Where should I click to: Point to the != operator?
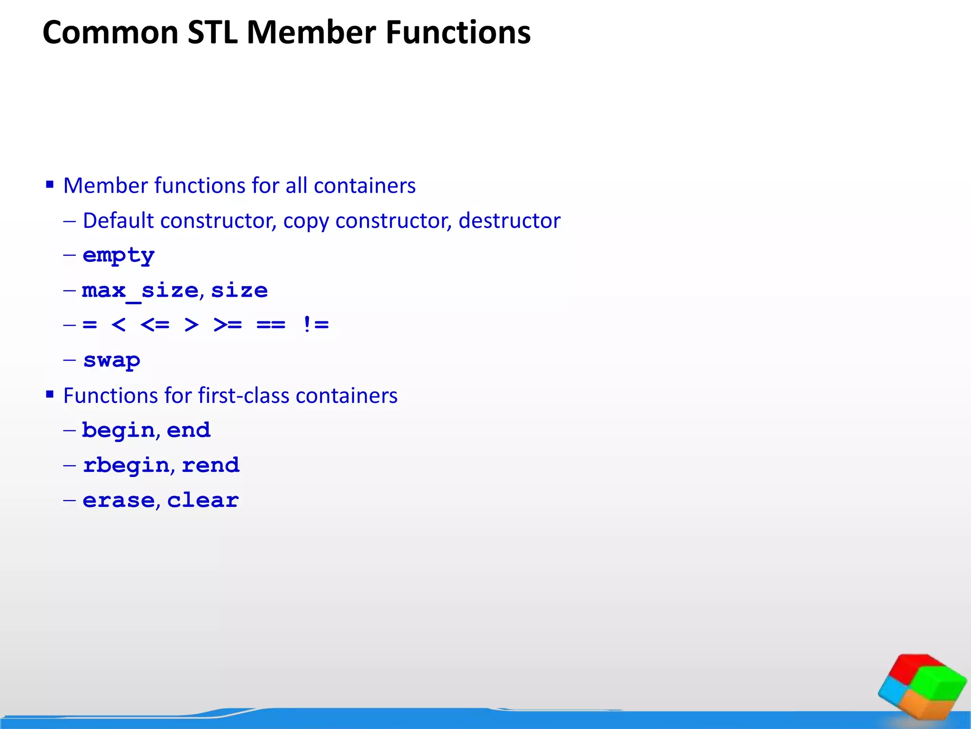pos(315,325)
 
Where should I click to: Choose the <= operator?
pos(155,325)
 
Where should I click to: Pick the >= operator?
pos(228,325)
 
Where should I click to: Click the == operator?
pos(271,325)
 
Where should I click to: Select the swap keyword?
pos(112,361)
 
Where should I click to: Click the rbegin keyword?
pos(126,466)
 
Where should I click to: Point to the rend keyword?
pos(211,466)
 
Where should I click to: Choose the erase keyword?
pos(119,501)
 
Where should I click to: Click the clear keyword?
pos(203,501)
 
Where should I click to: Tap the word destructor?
pos(509,221)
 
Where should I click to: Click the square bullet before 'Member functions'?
pos(50,184)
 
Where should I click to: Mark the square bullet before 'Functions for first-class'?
pos(50,394)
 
